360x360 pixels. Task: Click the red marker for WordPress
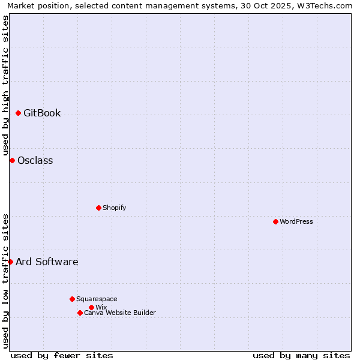[275, 221]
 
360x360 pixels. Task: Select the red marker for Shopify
[98, 208]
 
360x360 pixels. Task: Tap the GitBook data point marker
[18, 113]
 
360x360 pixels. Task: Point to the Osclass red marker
[12, 160]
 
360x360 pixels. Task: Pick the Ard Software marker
[10, 262]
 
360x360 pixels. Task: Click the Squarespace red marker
[72, 299]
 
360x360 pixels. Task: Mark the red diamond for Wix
[91, 307]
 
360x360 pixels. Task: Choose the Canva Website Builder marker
[80, 313]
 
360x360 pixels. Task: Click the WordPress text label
[296, 221]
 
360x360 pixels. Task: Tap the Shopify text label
[114, 208]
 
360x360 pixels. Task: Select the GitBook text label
[42, 113]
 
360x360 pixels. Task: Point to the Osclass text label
[35, 160]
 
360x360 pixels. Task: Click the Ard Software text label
[47, 262]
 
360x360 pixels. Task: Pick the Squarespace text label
[97, 299]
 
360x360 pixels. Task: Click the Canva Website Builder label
[120, 313]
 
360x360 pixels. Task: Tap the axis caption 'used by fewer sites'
[62, 355]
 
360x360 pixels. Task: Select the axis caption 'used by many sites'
[301, 355]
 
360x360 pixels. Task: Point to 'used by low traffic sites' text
[5, 281]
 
